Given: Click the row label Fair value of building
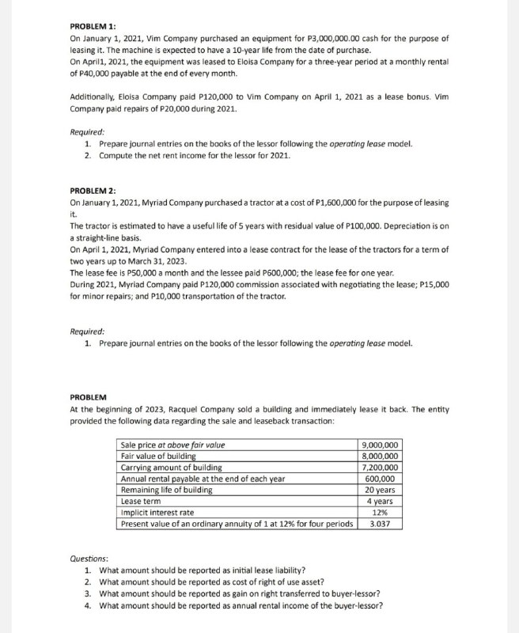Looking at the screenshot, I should pos(158,456).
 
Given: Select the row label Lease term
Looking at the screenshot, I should pos(141,501).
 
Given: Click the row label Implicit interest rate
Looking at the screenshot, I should pos(157,512).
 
